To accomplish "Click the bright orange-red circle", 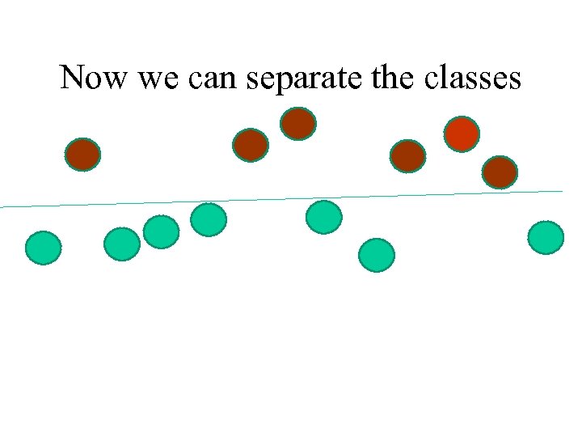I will click(x=462, y=134).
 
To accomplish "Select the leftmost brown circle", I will click(x=82, y=154).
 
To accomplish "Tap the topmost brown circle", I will click(x=298, y=124).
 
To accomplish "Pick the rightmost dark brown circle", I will click(x=500, y=172).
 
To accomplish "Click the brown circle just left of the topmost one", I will click(x=250, y=145).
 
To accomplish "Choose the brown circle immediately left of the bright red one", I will click(x=407, y=156).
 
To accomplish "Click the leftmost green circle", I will click(x=44, y=248).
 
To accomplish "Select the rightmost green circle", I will click(x=546, y=238).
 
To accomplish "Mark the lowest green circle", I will click(x=377, y=255).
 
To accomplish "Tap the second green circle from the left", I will click(x=122, y=244).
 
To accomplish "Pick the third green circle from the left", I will click(x=161, y=231).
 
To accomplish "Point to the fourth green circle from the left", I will click(x=209, y=219).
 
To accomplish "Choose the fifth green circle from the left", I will click(x=324, y=217).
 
